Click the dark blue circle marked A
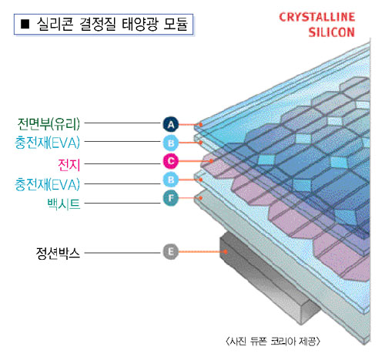(171, 124)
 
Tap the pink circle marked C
(171, 161)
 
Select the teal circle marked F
(171, 198)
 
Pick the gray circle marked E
(171, 251)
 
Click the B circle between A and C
(171, 143)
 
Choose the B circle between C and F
(171, 180)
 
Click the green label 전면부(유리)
(49, 124)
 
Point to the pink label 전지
(69, 164)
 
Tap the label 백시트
(64, 204)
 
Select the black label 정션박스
(58, 254)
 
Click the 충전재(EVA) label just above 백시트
(47, 184)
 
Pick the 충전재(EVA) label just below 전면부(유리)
(47, 143)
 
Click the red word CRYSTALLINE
(317, 17)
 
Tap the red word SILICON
(331, 32)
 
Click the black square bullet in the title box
(25, 24)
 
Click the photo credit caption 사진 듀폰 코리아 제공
(273, 341)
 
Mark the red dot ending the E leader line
(226, 252)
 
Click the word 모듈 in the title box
(176, 24)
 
